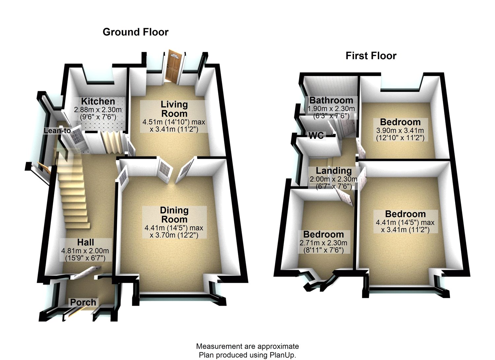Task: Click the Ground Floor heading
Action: (x=135, y=32)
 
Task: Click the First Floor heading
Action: (x=371, y=56)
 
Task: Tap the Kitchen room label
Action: (x=98, y=101)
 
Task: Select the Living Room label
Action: (x=174, y=109)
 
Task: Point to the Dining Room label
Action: (x=174, y=215)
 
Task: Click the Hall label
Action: (x=85, y=242)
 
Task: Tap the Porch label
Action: (x=83, y=302)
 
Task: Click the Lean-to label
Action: (x=57, y=131)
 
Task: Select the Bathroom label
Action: (x=331, y=100)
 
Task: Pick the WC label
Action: (x=316, y=135)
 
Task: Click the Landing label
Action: (x=334, y=171)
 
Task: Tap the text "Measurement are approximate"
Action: (x=247, y=346)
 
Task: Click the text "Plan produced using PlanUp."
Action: (x=247, y=355)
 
